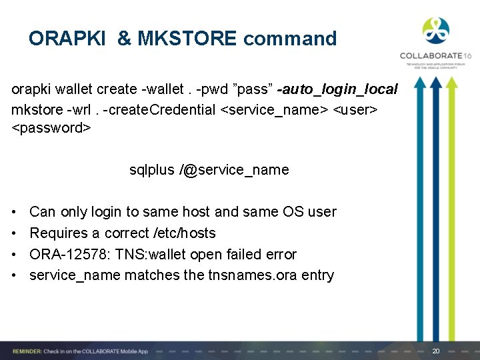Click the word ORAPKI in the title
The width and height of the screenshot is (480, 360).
(x=67, y=39)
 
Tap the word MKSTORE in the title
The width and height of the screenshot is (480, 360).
(x=187, y=39)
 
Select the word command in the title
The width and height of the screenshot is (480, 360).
(x=290, y=39)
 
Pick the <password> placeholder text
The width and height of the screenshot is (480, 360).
(x=51, y=127)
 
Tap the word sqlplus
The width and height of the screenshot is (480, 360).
(x=151, y=170)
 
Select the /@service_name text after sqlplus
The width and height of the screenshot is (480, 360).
(x=234, y=170)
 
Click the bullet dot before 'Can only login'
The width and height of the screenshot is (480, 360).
(x=15, y=212)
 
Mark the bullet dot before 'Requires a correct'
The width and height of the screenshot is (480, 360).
(x=15, y=233)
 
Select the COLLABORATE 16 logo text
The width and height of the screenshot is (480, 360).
(x=435, y=57)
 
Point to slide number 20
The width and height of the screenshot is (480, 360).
(x=437, y=351)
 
